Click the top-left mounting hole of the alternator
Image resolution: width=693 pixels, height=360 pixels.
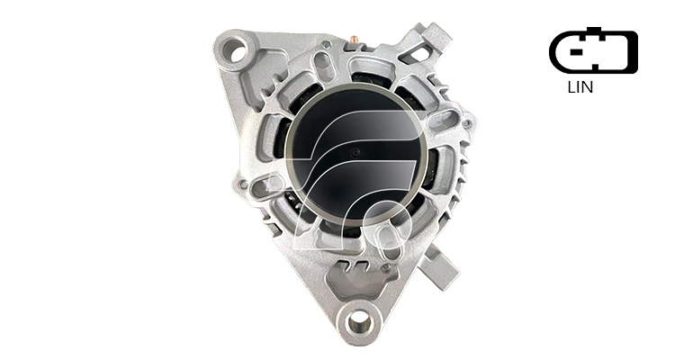click(x=238, y=50)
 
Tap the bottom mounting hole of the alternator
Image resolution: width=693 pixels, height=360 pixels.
click(x=358, y=323)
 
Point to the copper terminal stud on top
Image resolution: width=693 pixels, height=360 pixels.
click(x=355, y=40)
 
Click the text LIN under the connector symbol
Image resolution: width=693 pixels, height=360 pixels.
click(x=580, y=87)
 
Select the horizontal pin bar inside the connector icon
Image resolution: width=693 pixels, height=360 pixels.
click(x=575, y=51)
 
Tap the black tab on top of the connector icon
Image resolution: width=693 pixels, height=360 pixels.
click(x=594, y=31)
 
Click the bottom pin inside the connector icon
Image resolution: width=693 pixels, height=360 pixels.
click(x=595, y=67)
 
